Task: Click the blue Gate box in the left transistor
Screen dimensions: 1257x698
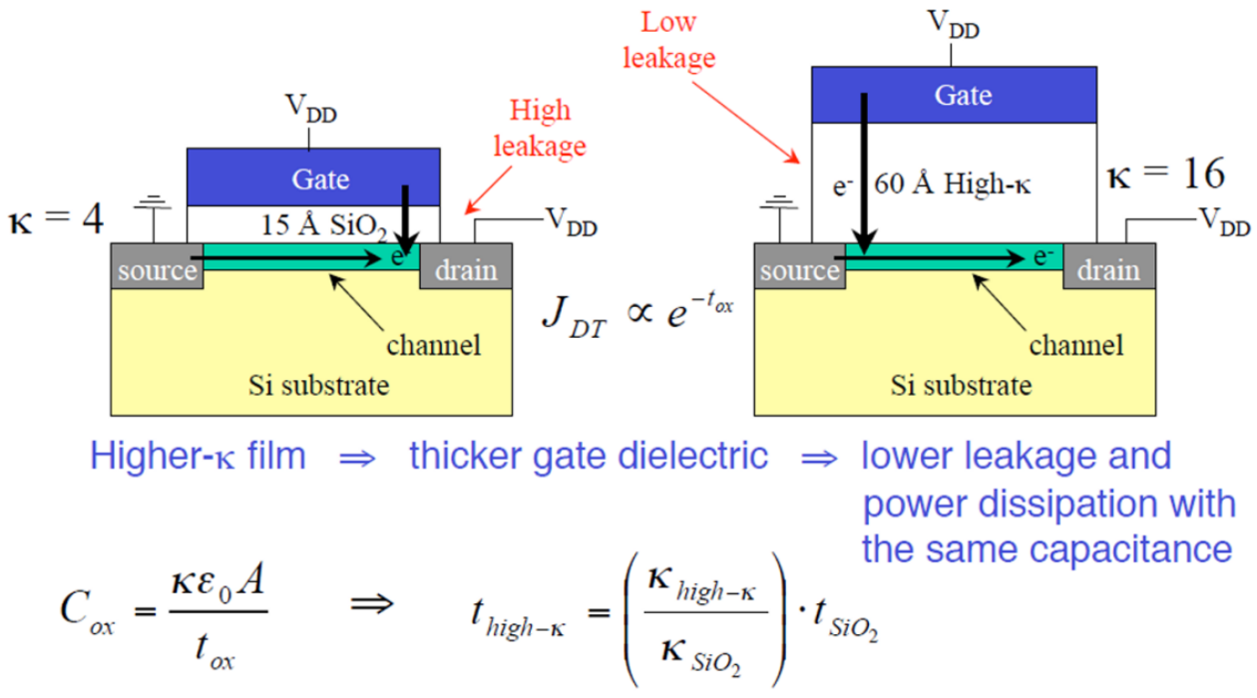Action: (313, 177)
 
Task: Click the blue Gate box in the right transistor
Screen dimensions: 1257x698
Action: (954, 95)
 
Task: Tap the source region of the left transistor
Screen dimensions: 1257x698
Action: (158, 266)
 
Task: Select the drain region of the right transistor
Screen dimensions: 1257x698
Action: (1109, 266)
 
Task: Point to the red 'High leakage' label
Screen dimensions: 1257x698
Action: (540, 128)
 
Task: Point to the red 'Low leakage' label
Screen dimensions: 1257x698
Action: (668, 41)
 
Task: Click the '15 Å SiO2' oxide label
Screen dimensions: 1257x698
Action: (324, 226)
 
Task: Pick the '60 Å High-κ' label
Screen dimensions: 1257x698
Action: (953, 183)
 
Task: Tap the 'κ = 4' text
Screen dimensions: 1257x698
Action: (56, 220)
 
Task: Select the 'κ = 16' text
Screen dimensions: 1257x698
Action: (1166, 174)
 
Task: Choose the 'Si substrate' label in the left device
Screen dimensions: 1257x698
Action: (319, 386)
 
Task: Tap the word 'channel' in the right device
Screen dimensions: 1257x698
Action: (1076, 345)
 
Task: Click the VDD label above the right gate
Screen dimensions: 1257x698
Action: (954, 25)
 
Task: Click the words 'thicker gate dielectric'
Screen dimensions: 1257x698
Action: (589, 456)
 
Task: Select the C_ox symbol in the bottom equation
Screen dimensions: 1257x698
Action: (87, 611)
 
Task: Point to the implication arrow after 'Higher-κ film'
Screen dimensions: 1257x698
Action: (357, 459)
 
